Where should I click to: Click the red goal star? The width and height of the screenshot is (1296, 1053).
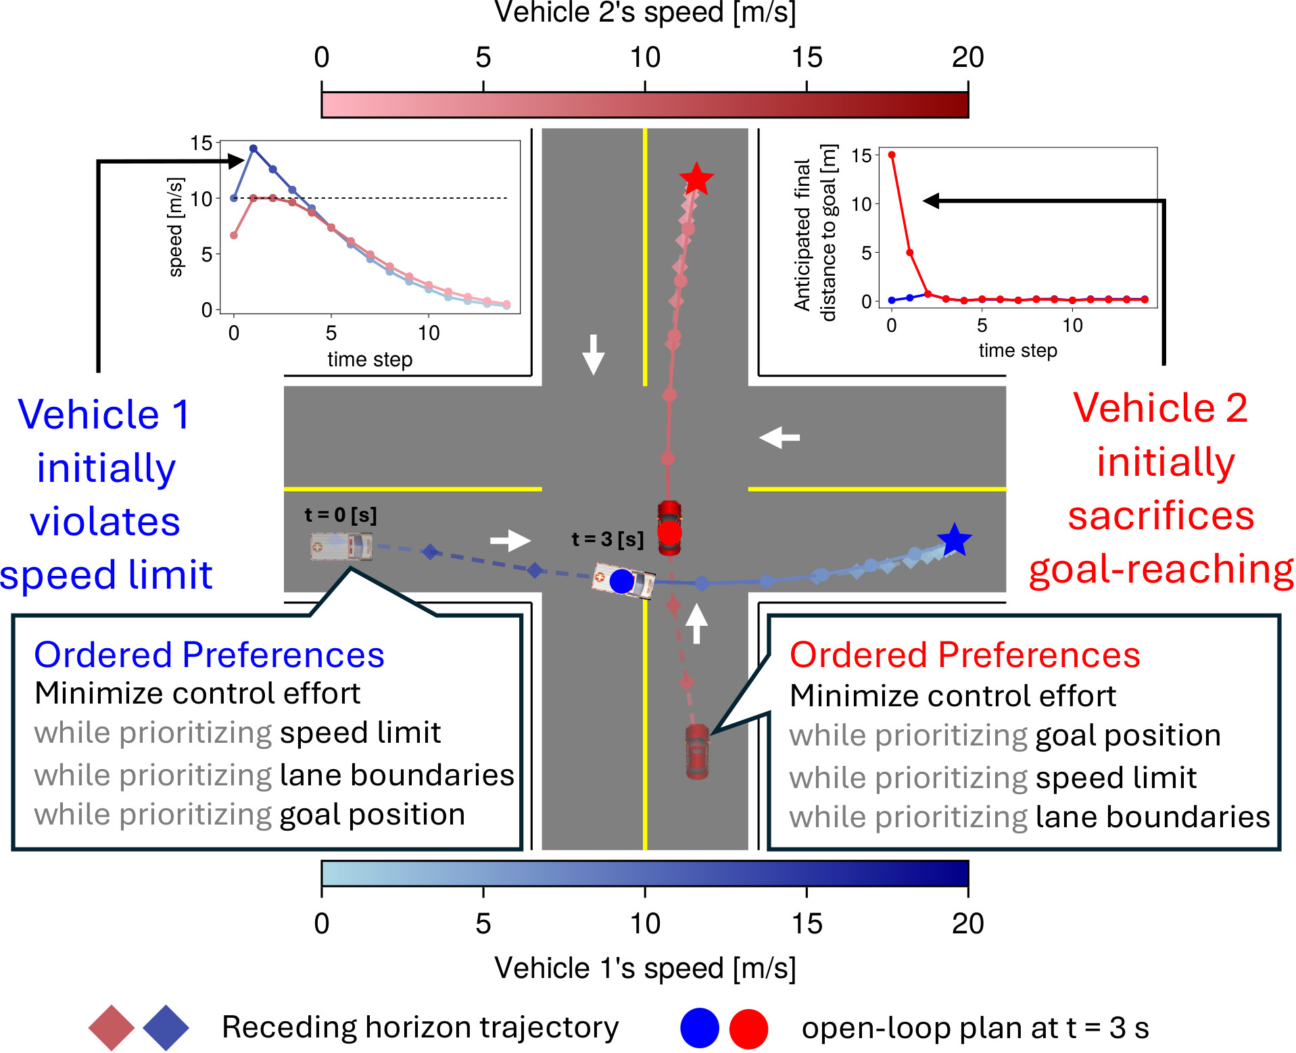tap(696, 180)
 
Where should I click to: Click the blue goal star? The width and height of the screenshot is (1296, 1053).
tap(954, 540)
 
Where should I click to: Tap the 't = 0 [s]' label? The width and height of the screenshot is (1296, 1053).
tap(341, 515)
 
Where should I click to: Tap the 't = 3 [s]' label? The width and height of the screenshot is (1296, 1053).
tap(607, 539)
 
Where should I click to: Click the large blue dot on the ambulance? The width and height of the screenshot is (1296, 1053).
tap(621, 581)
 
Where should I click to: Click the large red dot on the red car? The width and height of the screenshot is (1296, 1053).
tap(669, 533)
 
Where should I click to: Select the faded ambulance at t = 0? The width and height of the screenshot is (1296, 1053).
tap(341, 546)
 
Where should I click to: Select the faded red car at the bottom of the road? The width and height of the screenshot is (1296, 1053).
tap(697, 751)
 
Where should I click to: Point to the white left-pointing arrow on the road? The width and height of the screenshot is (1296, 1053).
tap(779, 437)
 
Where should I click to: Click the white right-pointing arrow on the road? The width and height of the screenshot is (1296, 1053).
tap(510, 540)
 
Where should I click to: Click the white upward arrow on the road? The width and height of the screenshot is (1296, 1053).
tap(696, 623)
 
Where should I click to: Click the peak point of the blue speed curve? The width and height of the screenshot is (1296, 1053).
tap(254, 149)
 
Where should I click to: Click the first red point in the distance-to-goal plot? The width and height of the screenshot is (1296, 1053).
tap(892, 155)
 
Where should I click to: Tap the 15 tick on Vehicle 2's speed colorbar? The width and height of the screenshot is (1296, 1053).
tap(807, 87)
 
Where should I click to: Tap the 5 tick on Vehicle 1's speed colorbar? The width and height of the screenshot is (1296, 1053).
tap(483, 891)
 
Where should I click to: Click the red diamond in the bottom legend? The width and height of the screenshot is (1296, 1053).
tap(112, 1028)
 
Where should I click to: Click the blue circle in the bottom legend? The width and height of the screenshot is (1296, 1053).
tap(699, 1028)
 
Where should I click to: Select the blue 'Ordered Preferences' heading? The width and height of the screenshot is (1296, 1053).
tap(209, 655)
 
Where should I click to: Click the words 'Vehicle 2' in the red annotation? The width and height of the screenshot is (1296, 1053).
tap(1160, 408)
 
